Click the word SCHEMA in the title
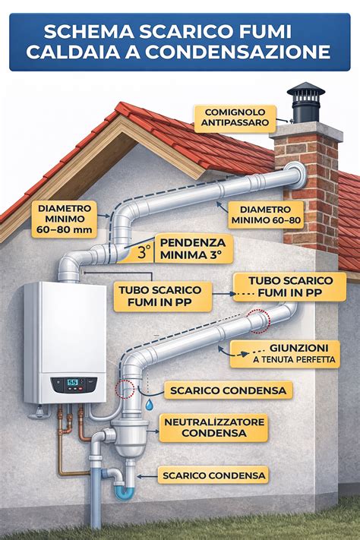pyautogui.click(x=90, y=32)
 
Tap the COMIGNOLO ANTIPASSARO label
pyautogui.click(x=235, y=118)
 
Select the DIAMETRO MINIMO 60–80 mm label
pyautogui.click(x=65, y=219)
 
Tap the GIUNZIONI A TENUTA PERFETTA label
pyautogui.click(x=285, y=354)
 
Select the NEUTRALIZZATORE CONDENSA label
pyautogui.click(x=213, y=428)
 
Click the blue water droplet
pyautogui.click(x=149, y=405)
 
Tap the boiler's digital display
pyautogui.click(x=73, y=382)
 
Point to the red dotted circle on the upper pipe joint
pyautogui.click(x=259, y=321)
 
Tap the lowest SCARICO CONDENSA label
pyautogui.click(x=213, y=475)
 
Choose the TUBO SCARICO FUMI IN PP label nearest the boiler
pyautogui.click(x=163, y=296)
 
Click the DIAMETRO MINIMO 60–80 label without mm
pyautogui.click(x=266, y=215)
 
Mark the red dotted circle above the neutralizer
pyautogui.click(x=125, y=389)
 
